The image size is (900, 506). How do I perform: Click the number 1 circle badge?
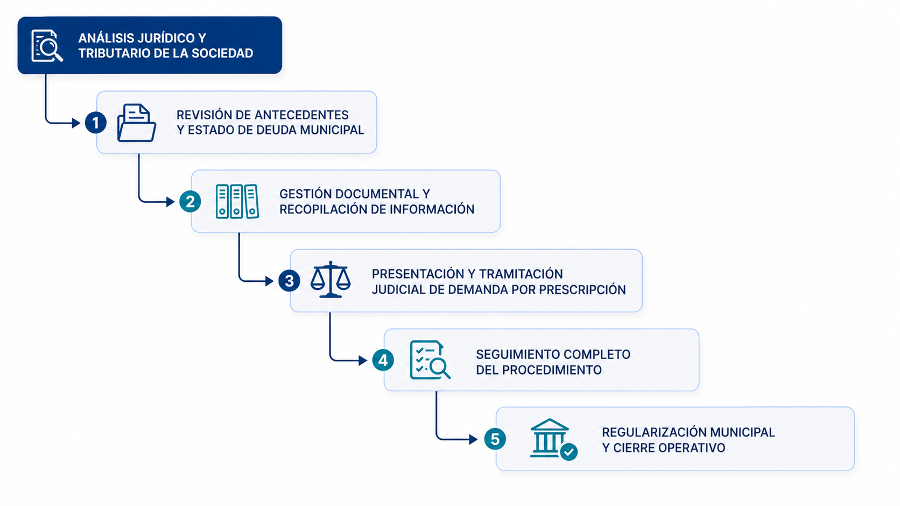point(96,123)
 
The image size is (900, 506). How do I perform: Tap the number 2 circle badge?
point(190,202)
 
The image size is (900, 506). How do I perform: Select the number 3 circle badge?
point(289,281)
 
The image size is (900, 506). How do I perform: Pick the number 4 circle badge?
point(383,360)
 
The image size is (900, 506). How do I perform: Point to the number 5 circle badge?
point(495,439)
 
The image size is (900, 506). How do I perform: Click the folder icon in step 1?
point(137,123)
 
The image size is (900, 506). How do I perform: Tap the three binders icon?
point(237,202)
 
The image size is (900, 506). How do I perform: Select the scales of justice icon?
point(331,280)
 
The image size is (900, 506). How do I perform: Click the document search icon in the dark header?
point(47,46)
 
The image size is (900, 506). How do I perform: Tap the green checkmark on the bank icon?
point(569,452)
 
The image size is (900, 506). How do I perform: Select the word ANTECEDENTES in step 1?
point(301,115)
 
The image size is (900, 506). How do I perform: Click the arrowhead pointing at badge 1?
point(76,123)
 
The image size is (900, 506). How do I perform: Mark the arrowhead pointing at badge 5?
point(473,439)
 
